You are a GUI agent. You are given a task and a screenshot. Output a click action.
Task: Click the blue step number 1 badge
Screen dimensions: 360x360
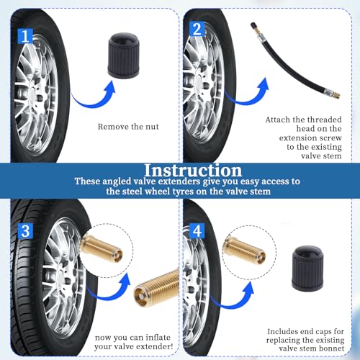25,36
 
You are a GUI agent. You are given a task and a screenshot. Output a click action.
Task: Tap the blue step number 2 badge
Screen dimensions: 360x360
197,29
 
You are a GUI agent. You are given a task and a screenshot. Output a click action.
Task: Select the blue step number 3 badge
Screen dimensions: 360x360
25,231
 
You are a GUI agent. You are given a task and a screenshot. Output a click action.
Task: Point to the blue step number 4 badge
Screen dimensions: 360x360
197,230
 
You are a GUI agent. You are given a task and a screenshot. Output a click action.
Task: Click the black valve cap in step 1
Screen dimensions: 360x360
123,55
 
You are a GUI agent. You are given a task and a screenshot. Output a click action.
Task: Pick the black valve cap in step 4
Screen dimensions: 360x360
307,268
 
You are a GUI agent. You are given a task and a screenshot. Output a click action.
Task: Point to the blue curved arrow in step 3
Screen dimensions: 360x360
108,296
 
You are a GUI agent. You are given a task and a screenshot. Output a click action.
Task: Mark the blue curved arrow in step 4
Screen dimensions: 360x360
232,305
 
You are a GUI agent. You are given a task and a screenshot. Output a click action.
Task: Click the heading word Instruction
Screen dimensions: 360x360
193,170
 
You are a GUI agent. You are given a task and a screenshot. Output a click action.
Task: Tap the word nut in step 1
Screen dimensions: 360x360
153,127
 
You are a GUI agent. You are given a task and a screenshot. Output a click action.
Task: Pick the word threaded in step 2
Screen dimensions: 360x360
325,120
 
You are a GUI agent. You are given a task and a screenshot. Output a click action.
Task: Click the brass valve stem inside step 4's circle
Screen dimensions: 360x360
244,248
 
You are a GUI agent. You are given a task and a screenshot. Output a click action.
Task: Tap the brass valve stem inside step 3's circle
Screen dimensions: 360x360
101,246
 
